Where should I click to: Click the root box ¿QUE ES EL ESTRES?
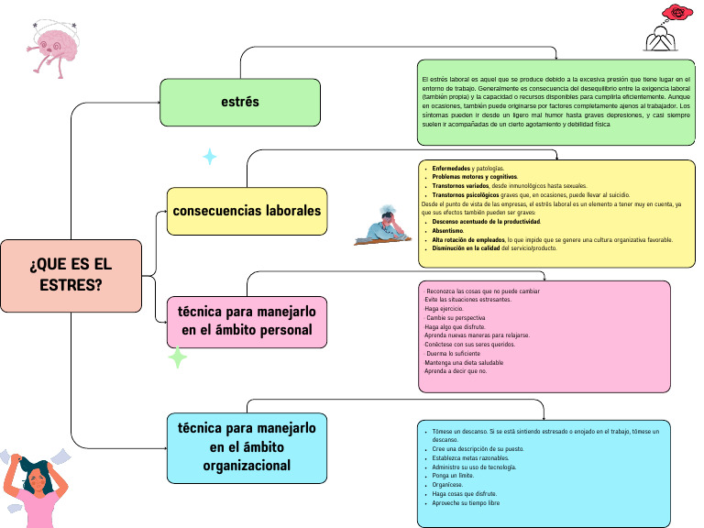71,276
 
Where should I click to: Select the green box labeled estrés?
240,102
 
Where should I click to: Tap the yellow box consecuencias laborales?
247,211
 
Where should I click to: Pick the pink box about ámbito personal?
247,322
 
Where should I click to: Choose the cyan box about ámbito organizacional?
247,447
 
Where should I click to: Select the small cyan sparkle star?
210,157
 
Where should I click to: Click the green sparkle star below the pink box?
178,358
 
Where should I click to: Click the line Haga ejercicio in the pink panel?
444,309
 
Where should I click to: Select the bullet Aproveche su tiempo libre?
466,503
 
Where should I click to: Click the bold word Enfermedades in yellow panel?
452,169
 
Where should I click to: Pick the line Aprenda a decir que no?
456,371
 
